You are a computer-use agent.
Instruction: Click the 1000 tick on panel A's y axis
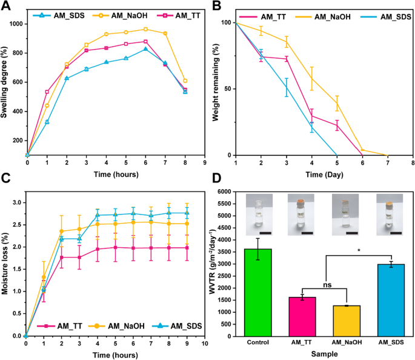[21, 24]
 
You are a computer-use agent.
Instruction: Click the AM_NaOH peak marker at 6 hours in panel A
[145, 29]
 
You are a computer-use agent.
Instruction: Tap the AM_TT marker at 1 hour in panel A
[47, 92]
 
